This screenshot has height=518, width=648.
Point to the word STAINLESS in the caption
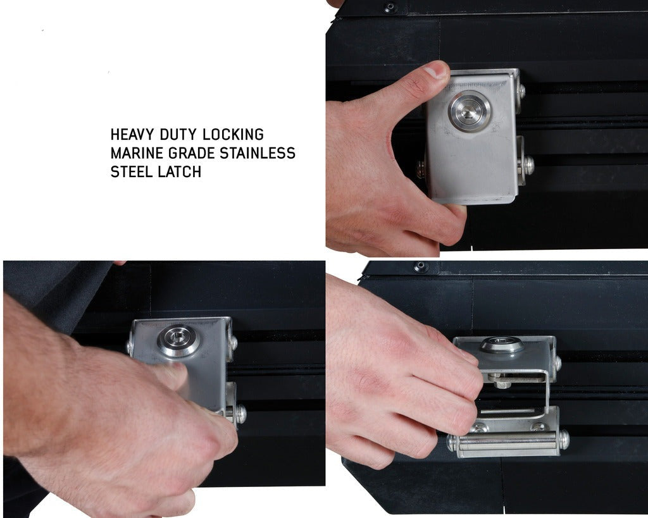tap(258, 153)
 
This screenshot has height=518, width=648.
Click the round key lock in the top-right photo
tap(470, 111)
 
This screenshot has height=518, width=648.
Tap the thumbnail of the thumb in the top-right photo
tap(436, 71)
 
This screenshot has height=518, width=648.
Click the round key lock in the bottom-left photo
tap(178, 341)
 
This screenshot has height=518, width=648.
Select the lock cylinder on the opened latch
tap(501, 345)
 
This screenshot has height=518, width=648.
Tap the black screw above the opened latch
tap(420, 266)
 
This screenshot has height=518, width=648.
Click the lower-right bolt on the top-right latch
tap(527, 165)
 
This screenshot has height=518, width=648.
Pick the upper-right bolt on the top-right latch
tap(522, 91)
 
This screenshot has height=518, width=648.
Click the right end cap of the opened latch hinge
tap(564, 440)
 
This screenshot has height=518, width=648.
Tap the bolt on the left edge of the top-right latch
tap(422, 169)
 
